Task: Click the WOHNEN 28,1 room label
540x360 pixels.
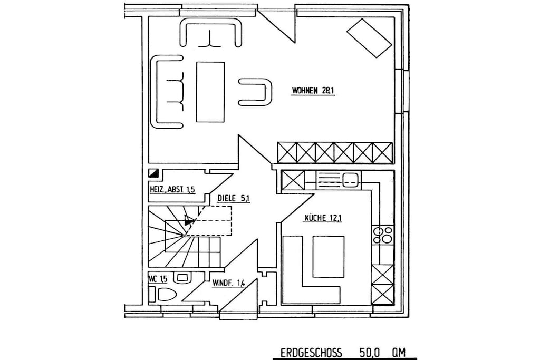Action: [313, 91]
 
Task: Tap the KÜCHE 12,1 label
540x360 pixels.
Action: [323, 218]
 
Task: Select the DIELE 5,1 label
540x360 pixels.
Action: [234, 198]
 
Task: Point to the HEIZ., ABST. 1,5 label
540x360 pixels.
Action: [172, 189]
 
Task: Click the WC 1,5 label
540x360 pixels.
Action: [158, 278]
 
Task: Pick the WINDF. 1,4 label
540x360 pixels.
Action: [228, 283]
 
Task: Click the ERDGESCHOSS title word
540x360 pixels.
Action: [311, 353]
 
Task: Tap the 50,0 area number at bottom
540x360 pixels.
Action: [370, 353]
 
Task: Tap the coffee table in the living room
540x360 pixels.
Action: [210, 92]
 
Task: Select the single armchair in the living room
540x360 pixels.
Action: [255, 92]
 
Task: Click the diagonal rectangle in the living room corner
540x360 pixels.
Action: [369, 38]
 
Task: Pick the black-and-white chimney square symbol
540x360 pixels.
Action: [153, 173]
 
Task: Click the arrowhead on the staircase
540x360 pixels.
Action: [189, 221]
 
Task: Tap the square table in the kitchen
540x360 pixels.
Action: [328, 256]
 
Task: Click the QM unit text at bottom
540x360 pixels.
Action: [399, 353]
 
